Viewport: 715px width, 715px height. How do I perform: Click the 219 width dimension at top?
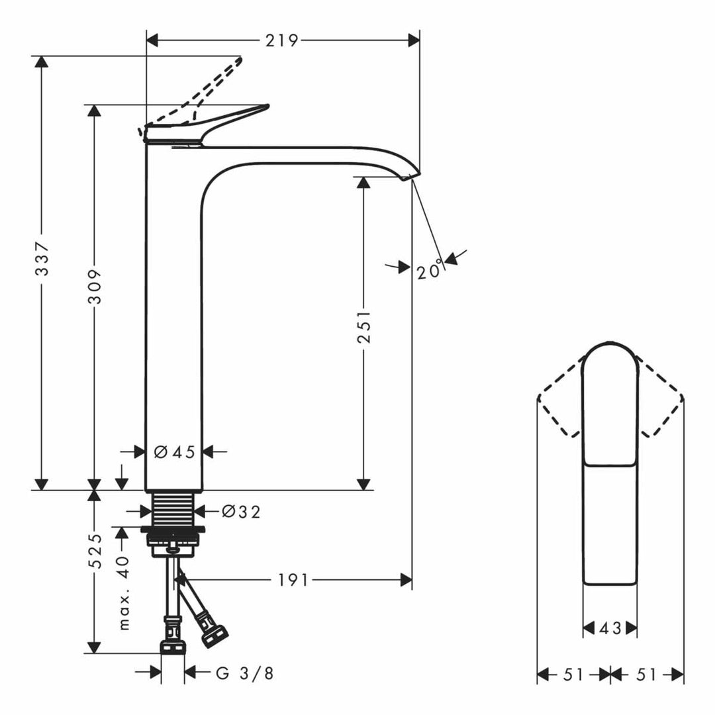point(282,40)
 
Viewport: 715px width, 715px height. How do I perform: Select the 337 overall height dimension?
point(42,259)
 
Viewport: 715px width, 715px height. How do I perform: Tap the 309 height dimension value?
point(95,287)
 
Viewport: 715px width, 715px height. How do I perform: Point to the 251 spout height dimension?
point(364,327)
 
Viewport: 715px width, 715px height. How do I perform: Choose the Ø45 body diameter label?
point(175,452)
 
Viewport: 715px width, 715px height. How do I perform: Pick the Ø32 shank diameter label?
point(241,512)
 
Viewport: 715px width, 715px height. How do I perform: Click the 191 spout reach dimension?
point(293,580)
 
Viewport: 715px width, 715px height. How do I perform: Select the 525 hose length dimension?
point(95,551)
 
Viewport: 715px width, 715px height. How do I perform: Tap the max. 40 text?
point(123,593)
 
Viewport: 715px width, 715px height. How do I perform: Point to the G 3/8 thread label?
point(245,673)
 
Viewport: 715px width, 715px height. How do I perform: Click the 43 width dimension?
point(610,628)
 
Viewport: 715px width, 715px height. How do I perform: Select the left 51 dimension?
point(573,675)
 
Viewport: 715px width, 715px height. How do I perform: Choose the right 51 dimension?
point(646,675)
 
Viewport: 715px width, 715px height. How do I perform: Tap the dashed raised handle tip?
point(239,60)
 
